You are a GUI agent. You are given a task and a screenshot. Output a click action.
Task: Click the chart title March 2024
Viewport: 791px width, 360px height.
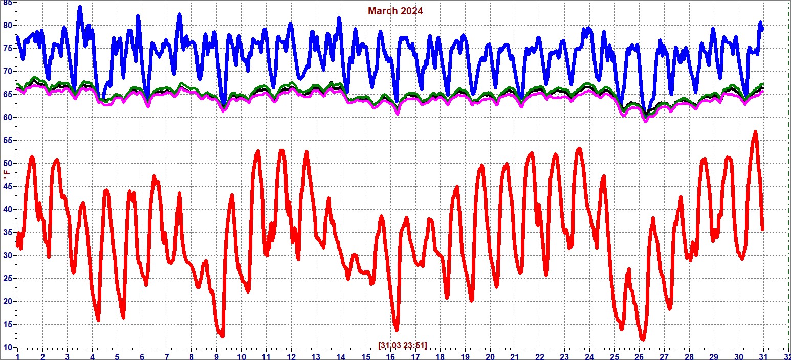pos(395,11)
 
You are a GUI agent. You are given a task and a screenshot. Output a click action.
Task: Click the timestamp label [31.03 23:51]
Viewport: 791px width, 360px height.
pos(402,345)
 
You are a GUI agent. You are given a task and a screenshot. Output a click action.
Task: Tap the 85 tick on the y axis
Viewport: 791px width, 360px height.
pos(7,3)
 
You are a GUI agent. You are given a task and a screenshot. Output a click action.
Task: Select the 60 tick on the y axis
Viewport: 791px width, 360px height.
pos(7,118)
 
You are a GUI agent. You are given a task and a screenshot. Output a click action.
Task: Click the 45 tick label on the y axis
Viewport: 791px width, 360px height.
pos(7,187)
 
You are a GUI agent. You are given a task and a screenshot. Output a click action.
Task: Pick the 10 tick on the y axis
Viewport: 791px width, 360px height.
pos(7,347)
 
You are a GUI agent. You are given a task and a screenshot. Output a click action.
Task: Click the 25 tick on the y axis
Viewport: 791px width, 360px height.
pos(7,279)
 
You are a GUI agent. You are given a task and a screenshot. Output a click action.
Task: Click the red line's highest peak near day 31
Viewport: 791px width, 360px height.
pos(755,132)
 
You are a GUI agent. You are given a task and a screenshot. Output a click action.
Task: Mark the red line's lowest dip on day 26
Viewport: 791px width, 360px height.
pos(643,339)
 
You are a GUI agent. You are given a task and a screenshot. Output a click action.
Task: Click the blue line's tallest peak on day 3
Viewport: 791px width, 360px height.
pos(80,7)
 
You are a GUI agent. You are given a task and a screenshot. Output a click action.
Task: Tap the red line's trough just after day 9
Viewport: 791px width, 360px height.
pos(222,336)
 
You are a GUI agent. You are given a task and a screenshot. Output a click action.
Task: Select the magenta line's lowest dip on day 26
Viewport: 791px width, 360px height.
pos(646,121)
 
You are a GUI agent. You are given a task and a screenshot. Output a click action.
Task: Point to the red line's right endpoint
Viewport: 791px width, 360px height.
pos(762,229)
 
